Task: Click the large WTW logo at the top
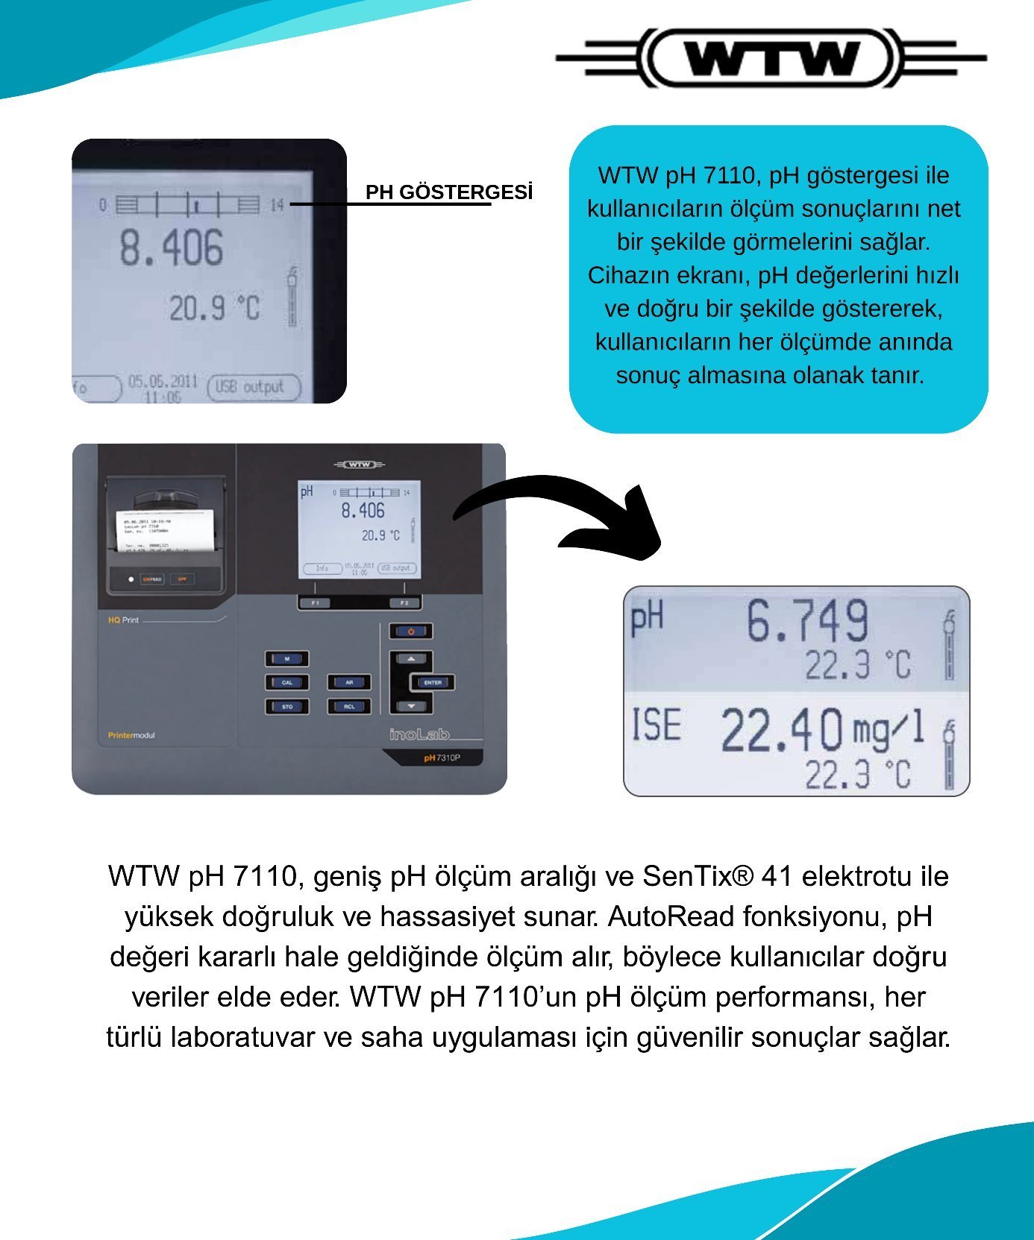772,57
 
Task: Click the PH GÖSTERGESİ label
449,192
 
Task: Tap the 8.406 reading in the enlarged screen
172,248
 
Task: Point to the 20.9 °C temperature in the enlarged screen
215,307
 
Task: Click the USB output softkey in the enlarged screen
254,387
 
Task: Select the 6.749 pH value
807,621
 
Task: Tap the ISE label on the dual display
657,725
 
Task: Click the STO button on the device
287,706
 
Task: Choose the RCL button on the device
349,706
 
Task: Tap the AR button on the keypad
349,682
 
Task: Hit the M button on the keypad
287,658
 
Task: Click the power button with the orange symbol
410,632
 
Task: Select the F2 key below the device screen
404,602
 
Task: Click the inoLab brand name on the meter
419,734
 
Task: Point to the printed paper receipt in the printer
165,530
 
